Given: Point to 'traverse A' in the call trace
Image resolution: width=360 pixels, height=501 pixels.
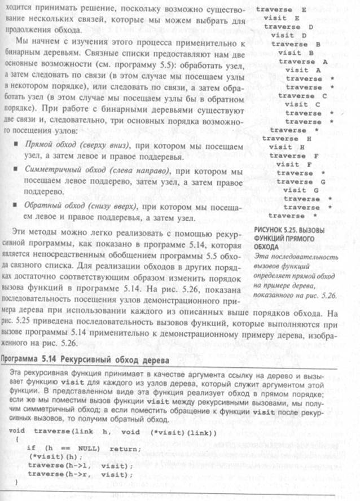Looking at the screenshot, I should tap(304, 61).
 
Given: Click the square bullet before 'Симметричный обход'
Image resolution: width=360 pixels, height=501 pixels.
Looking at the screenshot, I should tap(14, 170).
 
